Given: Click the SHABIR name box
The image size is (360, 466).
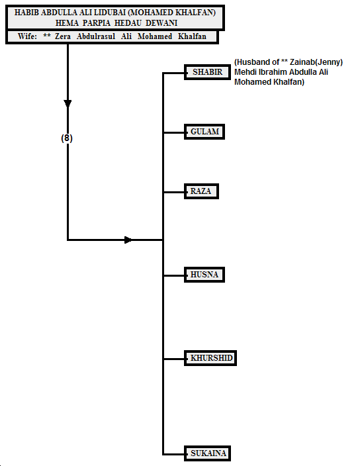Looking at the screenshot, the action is click(207, 72).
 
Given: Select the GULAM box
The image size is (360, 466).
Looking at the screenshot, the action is click(204, 132).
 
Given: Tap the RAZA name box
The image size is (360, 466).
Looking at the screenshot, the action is click(201, 191).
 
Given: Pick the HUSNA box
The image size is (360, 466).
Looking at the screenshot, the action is click(204, 275).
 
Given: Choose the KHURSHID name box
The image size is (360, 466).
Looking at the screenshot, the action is click(210, 358).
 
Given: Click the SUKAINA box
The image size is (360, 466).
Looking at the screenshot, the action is click(207, 453).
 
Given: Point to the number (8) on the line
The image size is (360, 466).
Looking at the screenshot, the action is click(67, 138).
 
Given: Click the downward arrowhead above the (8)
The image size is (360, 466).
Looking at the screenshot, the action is click(67, 104).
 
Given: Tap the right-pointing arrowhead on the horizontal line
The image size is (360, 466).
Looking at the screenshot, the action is click(128, 240).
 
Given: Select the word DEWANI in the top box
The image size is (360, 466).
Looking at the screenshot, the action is click(161, 23).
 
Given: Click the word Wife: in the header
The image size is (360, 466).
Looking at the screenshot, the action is click(27, 36).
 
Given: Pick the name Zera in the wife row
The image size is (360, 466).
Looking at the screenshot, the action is click(63, 36).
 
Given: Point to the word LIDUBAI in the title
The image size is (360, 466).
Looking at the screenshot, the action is click(110, 13).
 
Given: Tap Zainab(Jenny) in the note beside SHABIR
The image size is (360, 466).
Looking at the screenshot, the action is click(316, 62).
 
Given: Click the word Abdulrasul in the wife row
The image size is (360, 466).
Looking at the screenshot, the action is click(96, 36).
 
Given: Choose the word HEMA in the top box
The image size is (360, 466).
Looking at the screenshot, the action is click(67, 23).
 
